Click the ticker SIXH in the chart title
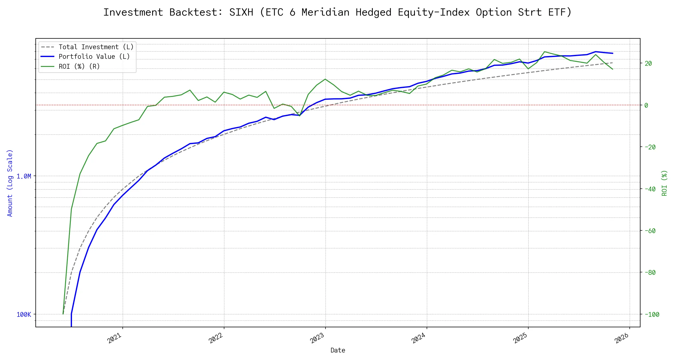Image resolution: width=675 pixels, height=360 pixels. (x=241, y=12)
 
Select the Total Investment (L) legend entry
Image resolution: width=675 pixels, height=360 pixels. (x=96, y=47)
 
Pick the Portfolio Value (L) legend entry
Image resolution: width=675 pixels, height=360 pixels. (x=94, y=57)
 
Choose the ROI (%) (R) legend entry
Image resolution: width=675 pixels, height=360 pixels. (x=79, y=66)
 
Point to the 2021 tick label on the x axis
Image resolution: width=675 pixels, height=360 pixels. (x=115, y=338)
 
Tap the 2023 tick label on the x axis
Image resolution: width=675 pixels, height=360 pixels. (x=317, y=338)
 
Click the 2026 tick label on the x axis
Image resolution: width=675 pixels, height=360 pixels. (x=622, y=338)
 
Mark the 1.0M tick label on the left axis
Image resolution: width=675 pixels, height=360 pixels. (x=24, y=176)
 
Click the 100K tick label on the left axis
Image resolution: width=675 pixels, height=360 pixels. (x=24, y=315)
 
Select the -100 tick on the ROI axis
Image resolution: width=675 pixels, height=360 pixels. (x=651, y=315)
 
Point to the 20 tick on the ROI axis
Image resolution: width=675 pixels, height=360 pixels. (x=648, y=63)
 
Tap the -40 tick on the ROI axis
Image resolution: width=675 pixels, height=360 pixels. (x=650, y=189)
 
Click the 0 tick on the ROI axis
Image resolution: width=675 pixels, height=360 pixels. (x=646, y=105)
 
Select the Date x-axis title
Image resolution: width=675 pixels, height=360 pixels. (x=338, y=350)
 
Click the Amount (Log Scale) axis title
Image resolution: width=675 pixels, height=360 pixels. (x=10, y=183)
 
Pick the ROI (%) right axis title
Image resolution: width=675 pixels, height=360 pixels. (x=664, y=183)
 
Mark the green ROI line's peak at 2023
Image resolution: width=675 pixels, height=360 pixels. (x=325, y=79)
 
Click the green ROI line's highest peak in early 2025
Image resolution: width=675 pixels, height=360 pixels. (x=544, y=52)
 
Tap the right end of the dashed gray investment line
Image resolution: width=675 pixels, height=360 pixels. (x=612, y=63)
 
